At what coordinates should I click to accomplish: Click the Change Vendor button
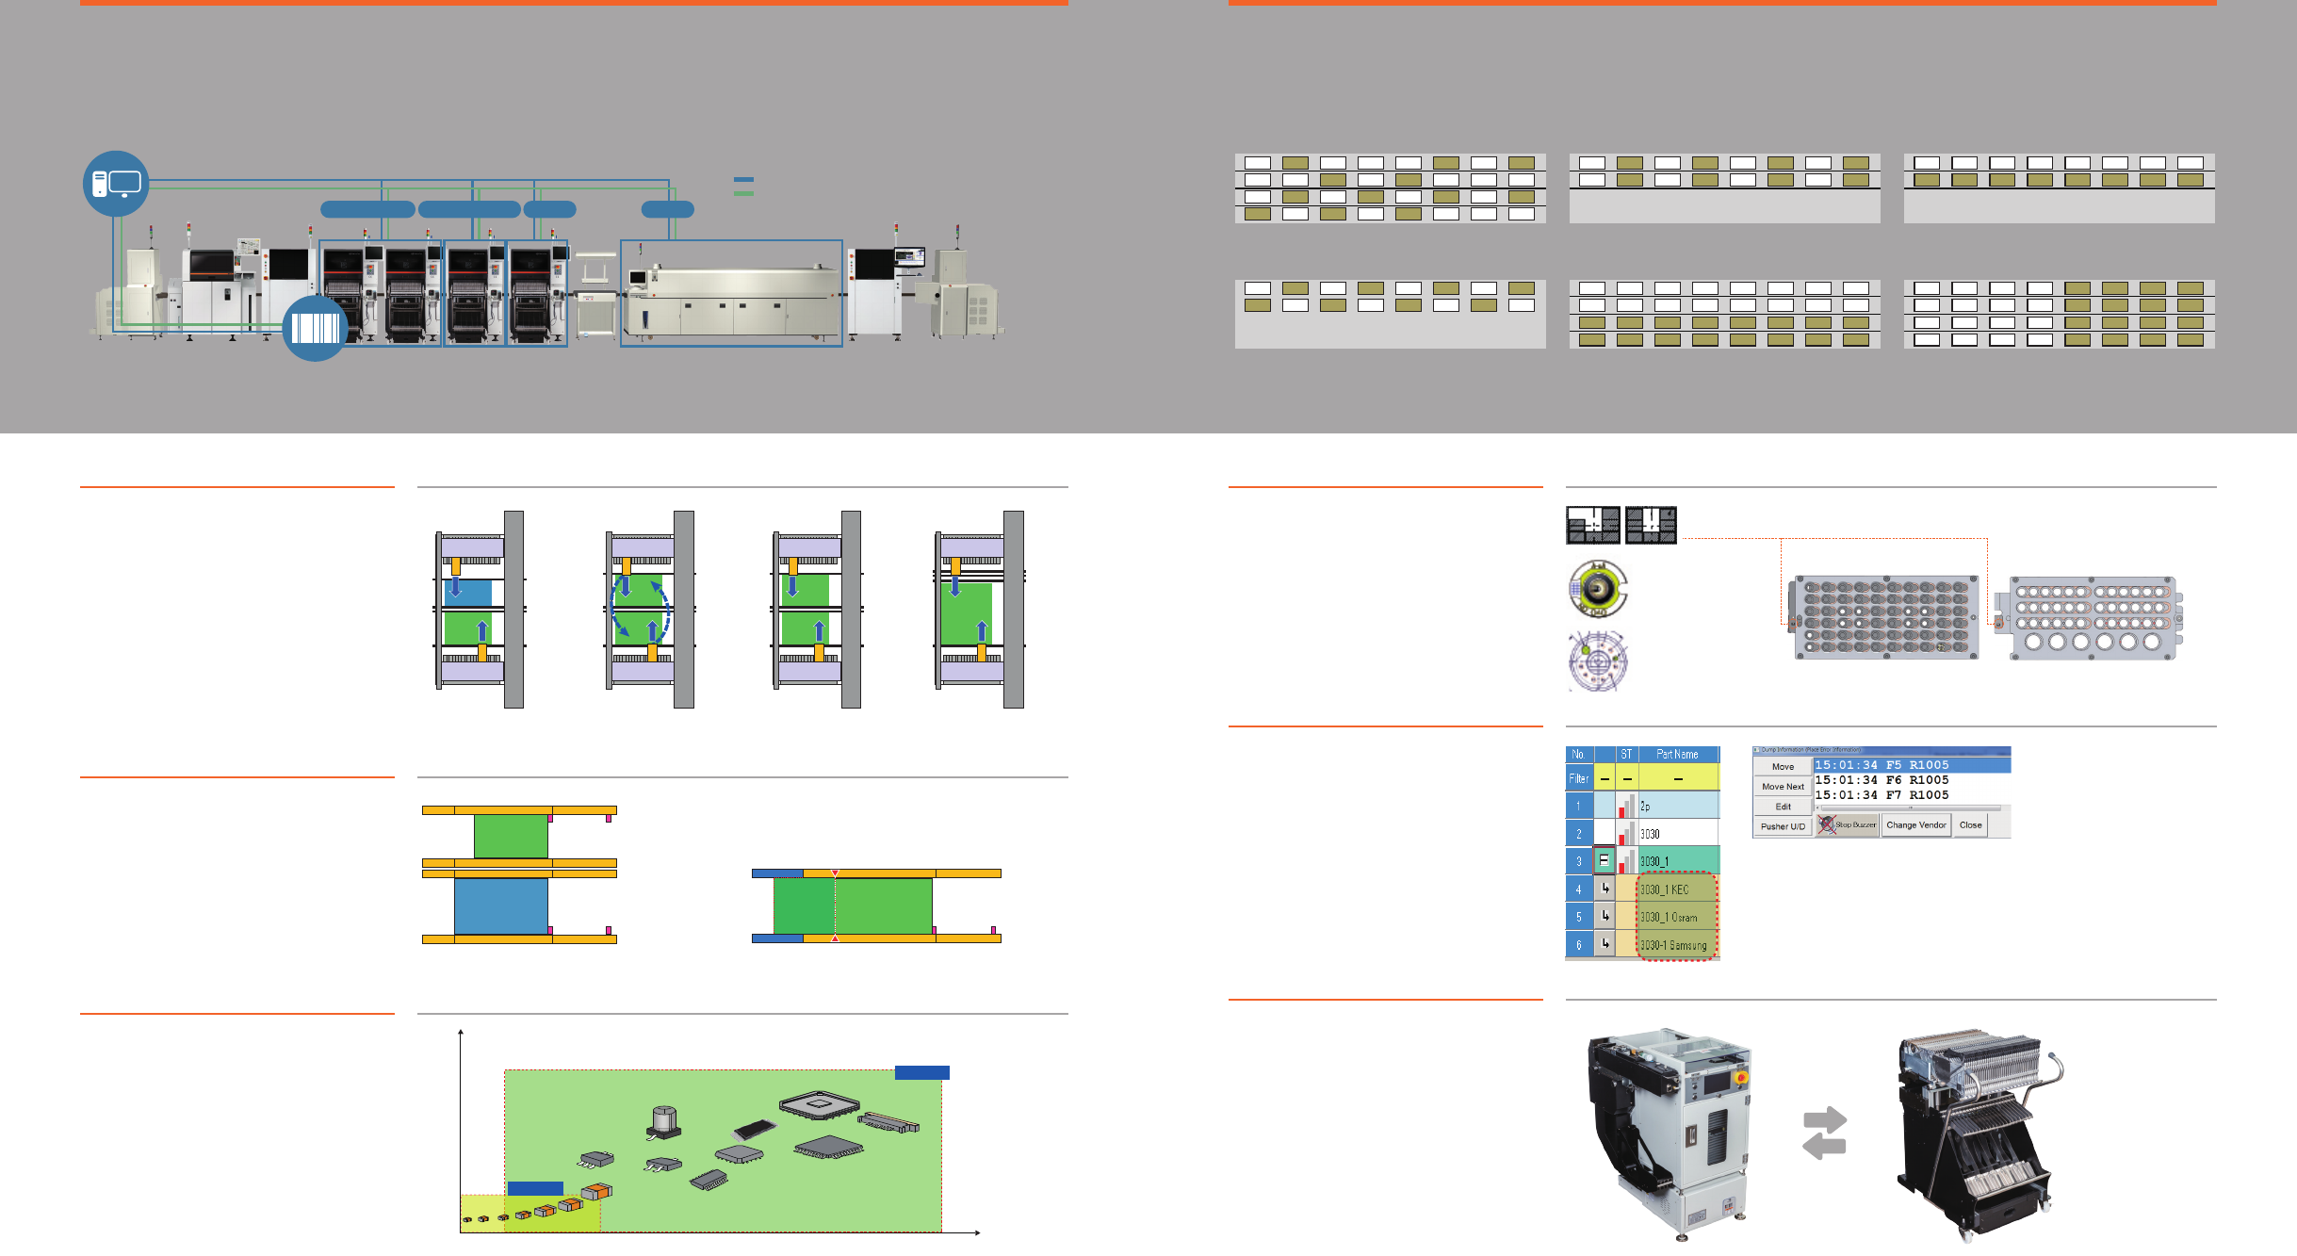click(x=1915, y=825)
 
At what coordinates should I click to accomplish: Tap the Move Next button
click(x=1783, y=787)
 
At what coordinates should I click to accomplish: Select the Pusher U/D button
click(x=1783, y=826)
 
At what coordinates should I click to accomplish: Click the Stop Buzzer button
click(x=1848, y=825)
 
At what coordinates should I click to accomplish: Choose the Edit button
click(x=1783, y=807)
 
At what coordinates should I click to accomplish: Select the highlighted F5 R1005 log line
click(x=1912, y=765)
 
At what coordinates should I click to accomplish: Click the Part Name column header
click(x=1677, y=755)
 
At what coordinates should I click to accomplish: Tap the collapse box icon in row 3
click(x=1604, y=860)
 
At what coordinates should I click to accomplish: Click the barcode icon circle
click(x=315, y=329)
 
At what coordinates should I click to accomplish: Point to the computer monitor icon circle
click(x=116, y=184)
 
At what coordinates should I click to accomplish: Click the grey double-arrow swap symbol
click(x=1824, y=1133)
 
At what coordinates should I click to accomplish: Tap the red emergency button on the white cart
click(x=1740, y=1077)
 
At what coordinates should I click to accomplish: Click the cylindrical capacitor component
click(x=664, y=1120)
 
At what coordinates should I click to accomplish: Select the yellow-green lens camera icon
click(x=1597, y=588)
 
